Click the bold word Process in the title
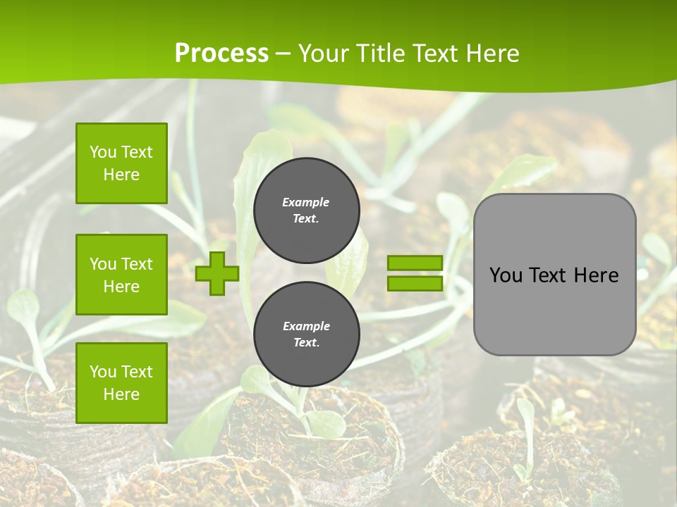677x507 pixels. pyautogui.click(x=221, y=54)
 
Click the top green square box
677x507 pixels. pyautogui.click(x=121, y=163)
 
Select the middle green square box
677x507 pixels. pyautogui.click(x=121, y=275)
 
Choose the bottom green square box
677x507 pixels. pyautogui.click(x=121, y=383)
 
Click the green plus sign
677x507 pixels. pyautogui.click(x=217, y=273)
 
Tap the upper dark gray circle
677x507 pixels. pyautogui.click(x=307, y=211)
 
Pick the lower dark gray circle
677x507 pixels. pyautogui.click(x=307, y=334)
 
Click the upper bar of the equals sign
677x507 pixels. pyautogui.click(x=415, y=263)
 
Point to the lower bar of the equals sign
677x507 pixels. pyautogui.click(x=415, y=283)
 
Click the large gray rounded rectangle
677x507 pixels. pyautogui.click(x=554, y=275)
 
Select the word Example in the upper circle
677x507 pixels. pyautogui.click(x=306, y=202)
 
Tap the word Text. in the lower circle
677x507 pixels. pyautogui.click(x=306, y=343)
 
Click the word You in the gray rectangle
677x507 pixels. pyautogui.click(x=506, y=275)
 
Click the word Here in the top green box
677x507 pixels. pyautogui.click(x=121, y=175)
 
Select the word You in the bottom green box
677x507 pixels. pyautogui.click(x=103, y=372)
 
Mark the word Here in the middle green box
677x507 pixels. pyautogui.click(x=121, y=287)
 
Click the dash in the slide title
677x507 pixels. pyautogui.click(x=283, y=54)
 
